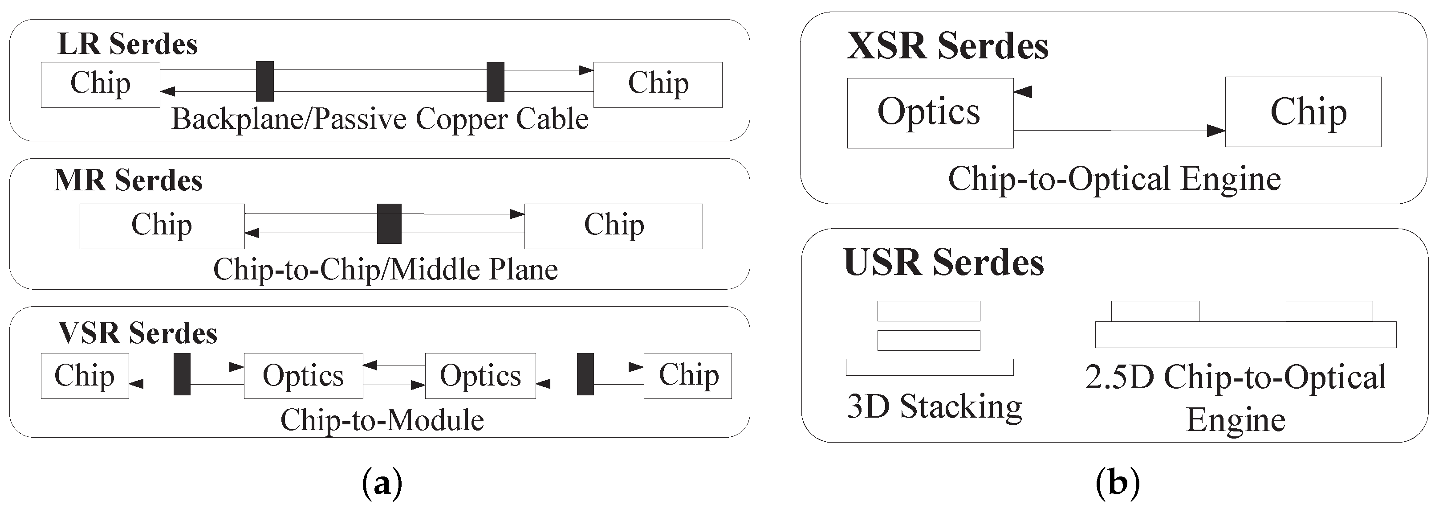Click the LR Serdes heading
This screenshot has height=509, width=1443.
click(x=127, y=44)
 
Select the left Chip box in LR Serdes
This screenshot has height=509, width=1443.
click(x=100, y=85)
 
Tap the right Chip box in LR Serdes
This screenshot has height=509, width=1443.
click(x=658, y=85)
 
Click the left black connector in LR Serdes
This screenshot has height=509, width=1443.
click(x=264, y=81)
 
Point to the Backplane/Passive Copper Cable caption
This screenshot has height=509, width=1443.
click(x=380, y=119)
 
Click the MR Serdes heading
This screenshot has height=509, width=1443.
click(x=128, y=181)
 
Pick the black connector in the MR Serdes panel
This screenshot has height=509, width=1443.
click(x=389, y=224)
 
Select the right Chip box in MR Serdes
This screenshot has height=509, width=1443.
click(x=614, y=226)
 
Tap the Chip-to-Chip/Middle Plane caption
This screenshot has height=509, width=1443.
click(x=386, y=270)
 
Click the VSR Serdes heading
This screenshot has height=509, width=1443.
click(x=137, y=333)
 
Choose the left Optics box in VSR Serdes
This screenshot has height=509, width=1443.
click(x=303, y=376)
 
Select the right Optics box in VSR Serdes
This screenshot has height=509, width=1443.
click(x=480, y=376)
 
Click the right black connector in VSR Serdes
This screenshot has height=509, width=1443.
click(x=585, y=374)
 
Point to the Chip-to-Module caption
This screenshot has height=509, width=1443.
click(x=382, y=420)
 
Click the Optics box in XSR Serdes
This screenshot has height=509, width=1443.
click(x=930, y=113)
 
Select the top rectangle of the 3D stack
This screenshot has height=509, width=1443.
click(x=928, y=311)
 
